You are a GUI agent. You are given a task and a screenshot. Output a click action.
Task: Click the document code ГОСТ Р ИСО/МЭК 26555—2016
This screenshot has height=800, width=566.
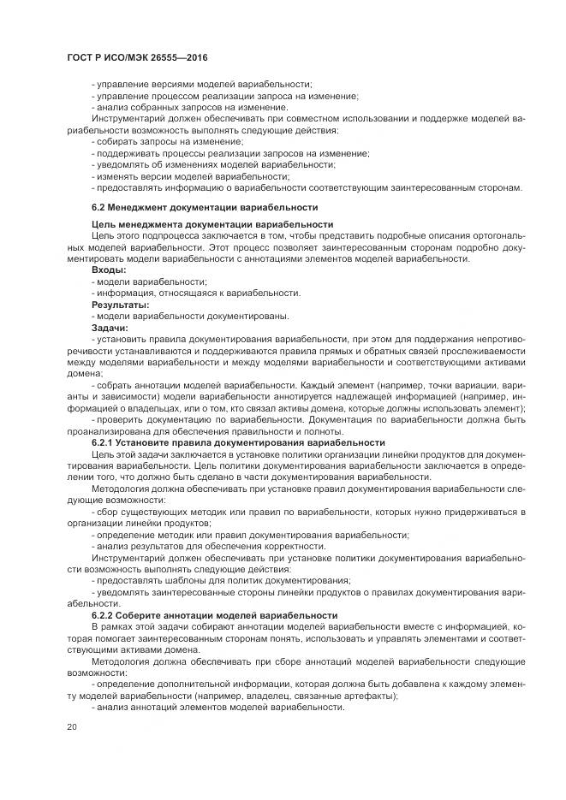coord(138,57)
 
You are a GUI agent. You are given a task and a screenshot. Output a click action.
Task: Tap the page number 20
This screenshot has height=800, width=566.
coord(71,726)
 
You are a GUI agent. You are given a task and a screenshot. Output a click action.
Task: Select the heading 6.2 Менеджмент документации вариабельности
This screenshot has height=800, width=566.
coord(205,207)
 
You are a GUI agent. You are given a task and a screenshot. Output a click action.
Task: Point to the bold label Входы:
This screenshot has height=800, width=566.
coord(109,270)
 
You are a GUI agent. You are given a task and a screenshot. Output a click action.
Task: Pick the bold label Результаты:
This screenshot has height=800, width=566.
coord(121,304)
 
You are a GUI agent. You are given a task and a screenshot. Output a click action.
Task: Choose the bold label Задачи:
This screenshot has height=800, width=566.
coord(110,327)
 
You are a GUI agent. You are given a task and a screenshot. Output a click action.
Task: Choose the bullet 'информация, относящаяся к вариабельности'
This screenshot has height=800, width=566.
coord(197,293)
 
